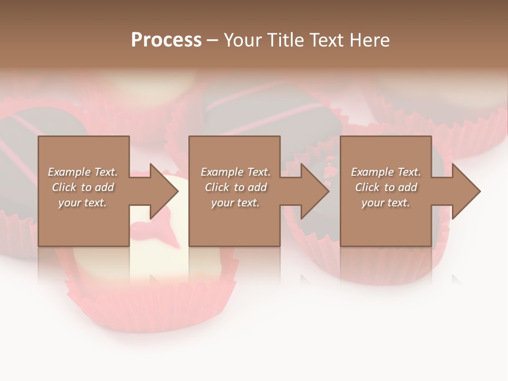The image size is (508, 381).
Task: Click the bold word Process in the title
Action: point(166,40)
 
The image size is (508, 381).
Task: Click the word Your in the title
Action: point(243,40)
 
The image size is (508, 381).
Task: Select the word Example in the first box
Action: point(69,172)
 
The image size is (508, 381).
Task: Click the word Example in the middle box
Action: point(222,172)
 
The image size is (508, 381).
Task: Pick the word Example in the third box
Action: point(372,172)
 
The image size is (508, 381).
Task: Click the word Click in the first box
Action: point(64,187)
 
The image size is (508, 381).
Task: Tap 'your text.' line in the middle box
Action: point(235,203)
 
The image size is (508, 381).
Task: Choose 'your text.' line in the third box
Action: point(385,203)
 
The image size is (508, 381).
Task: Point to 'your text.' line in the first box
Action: point(82,203)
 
